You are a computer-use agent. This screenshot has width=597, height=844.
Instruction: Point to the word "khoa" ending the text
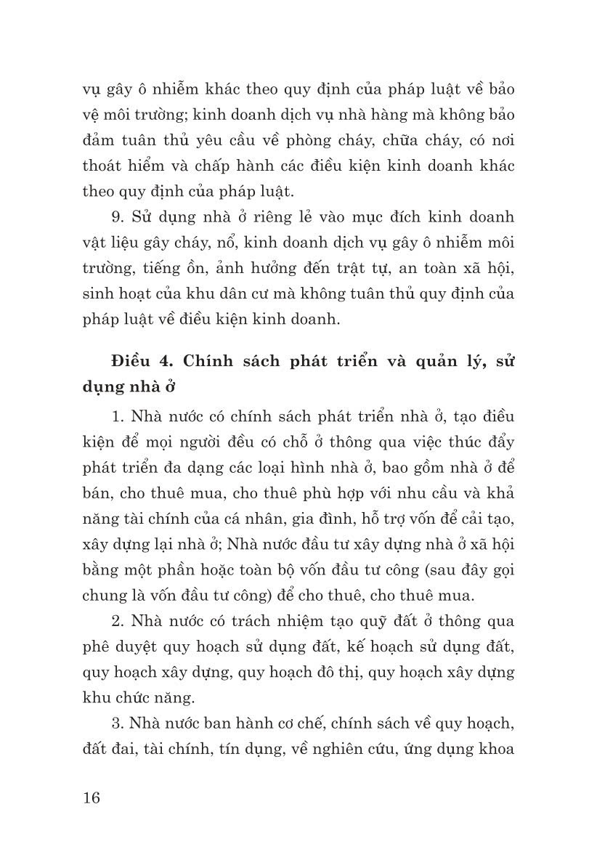click(x=495, y=747)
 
